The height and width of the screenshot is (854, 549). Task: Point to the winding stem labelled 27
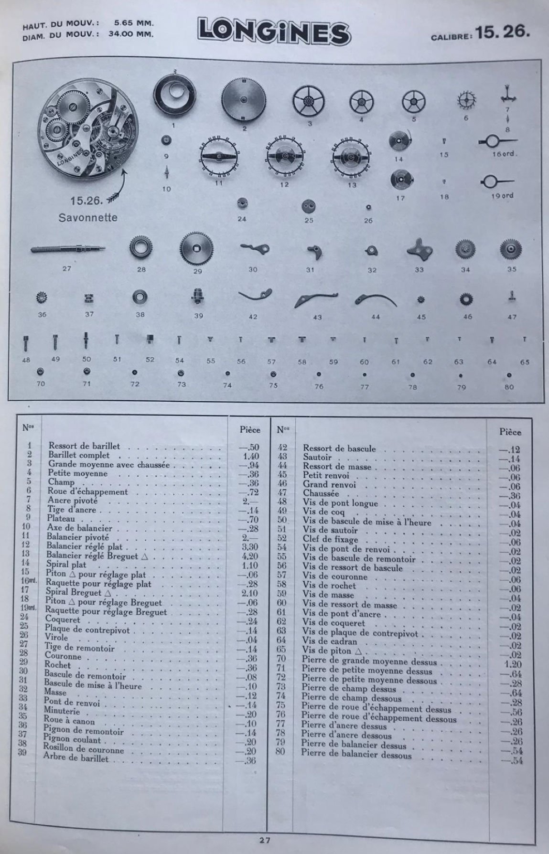point(68,249)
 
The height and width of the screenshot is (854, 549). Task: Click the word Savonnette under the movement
point(88,217)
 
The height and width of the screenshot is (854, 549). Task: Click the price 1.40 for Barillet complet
point(249,456)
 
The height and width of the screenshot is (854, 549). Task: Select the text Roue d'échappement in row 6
point(87,491)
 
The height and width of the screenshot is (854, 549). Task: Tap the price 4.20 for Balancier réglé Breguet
point(249,556)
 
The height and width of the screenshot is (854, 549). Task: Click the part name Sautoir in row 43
point(317,458)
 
